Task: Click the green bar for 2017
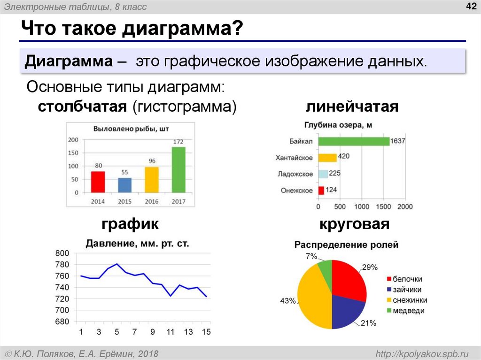[178, 169]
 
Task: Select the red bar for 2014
[98, 182]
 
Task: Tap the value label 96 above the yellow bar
[152, 161]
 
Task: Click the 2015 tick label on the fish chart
[124, 201]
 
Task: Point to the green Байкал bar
[354, 141]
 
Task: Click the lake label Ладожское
[295, 174]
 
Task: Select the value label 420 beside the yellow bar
[344, 156]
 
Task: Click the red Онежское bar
[321, 191]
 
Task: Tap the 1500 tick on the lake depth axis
[383, 207]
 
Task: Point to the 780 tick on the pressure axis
[62, 264]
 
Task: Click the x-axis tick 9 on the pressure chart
[153, 332]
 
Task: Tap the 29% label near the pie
[369, 268]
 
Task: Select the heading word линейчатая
[352, 107]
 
